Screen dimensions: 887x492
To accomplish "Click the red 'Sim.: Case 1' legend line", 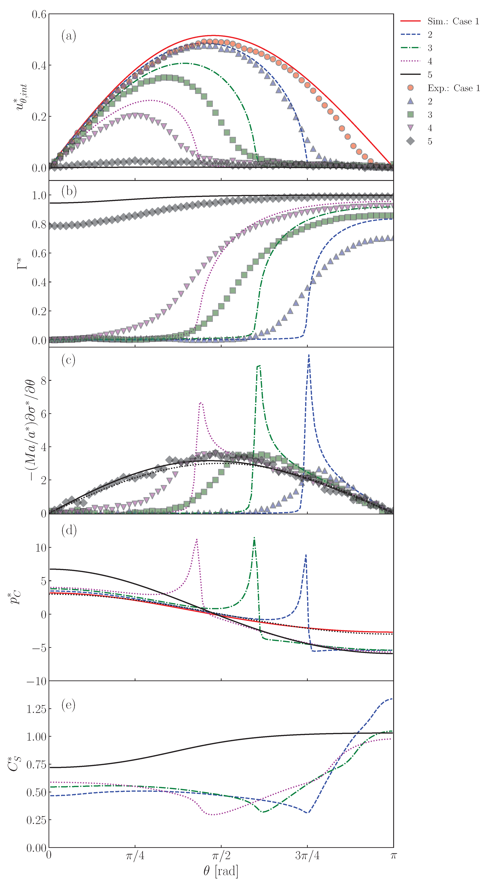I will click(x=410, y=21).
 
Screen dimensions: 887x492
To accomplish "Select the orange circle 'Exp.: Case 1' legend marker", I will click(x=410, y=88).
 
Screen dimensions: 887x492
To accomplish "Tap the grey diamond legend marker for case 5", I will click(x=410, y=141).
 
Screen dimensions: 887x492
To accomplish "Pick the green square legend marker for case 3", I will click(x=410, y=114).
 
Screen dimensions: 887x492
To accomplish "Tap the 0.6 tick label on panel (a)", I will click(x=39, y=15).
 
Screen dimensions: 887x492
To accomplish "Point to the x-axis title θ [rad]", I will click(x=221, y=871).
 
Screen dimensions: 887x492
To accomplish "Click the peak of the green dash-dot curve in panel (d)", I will click(x=254, y=538).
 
